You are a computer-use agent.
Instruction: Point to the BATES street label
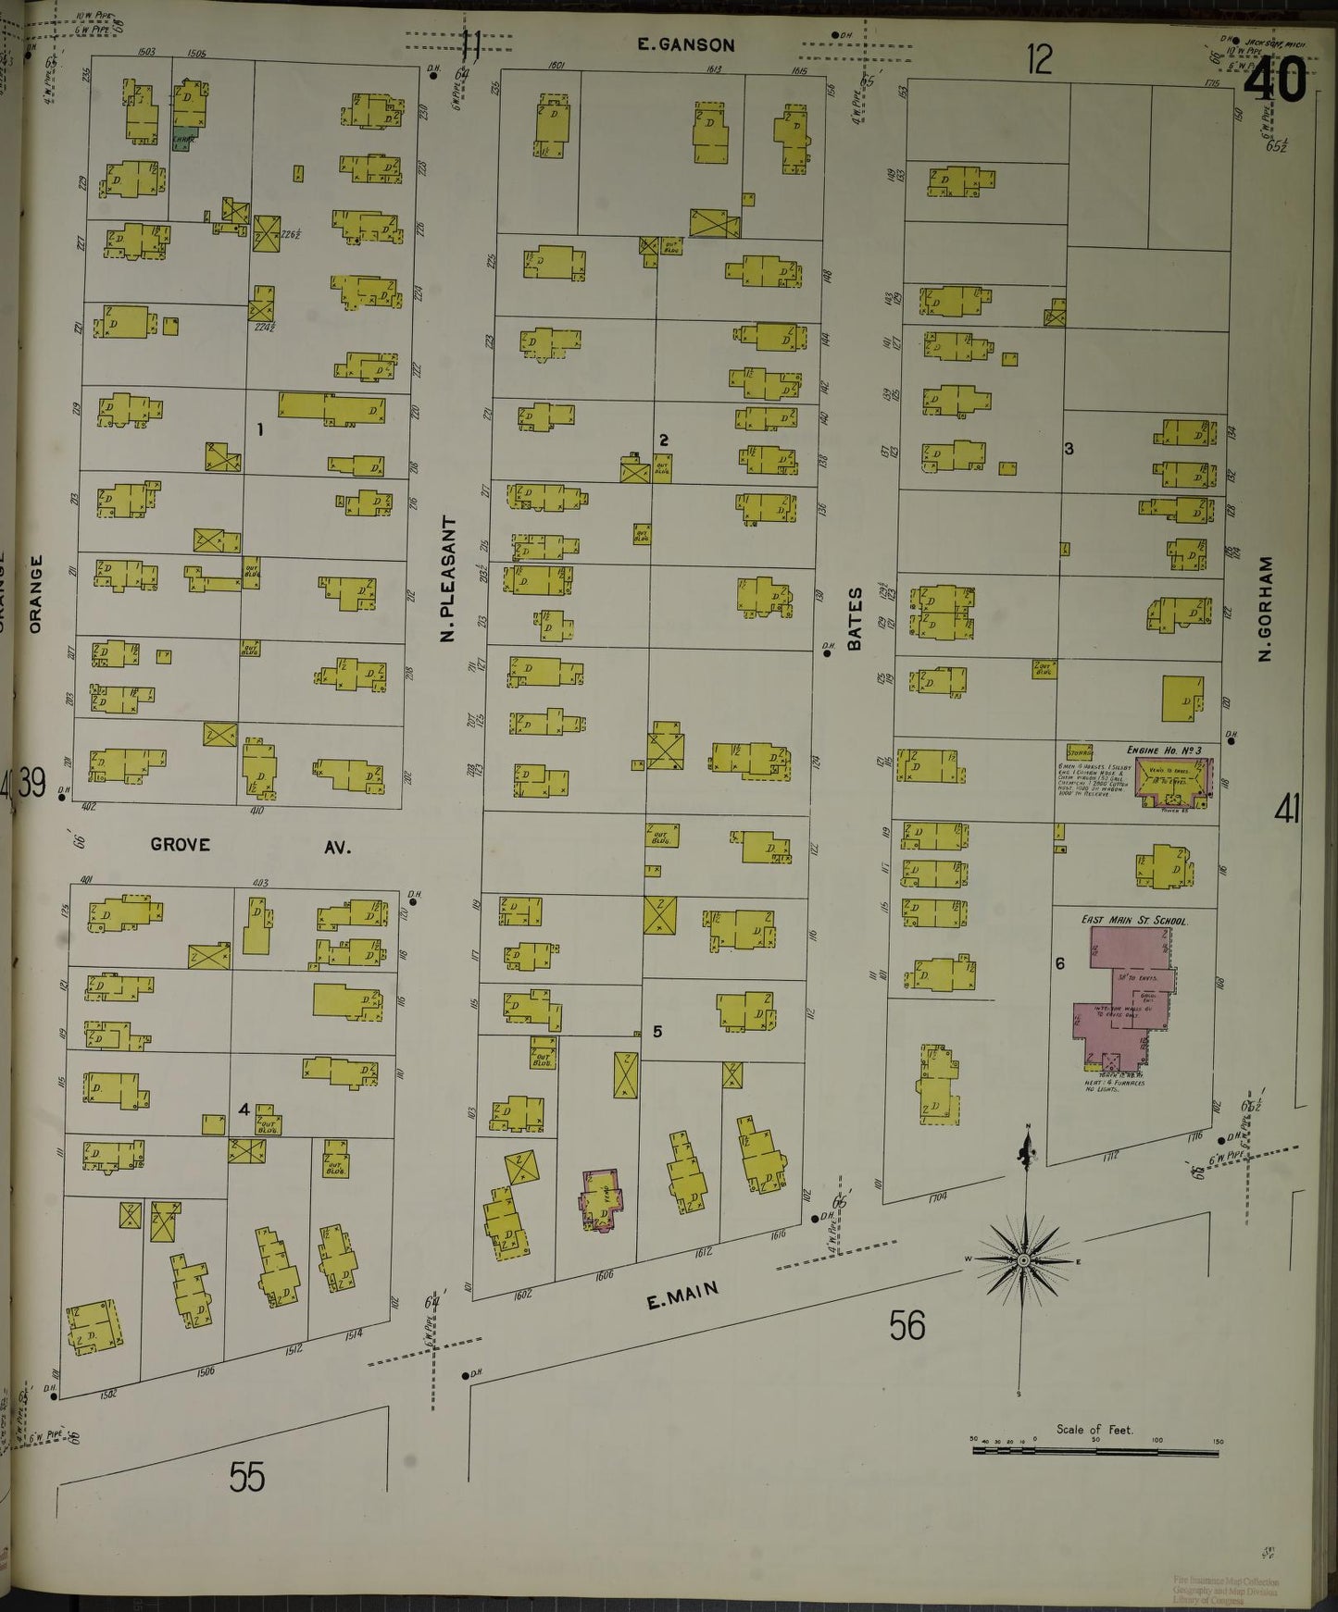(x=855, y=617)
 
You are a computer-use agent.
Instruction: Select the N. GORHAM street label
(x=1266, y=608)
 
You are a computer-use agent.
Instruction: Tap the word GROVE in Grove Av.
(x=181, y=844)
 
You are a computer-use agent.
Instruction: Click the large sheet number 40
(x=1275, y=81)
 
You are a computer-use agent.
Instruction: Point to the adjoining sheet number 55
(x=247, y=1477)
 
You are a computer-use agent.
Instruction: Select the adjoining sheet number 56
(x=907, y=1326)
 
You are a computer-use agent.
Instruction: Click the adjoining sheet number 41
(x=1286, y=811)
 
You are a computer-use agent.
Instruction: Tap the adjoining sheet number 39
(x=31, y=786)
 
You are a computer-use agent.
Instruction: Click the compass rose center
(x=1024, y=1260)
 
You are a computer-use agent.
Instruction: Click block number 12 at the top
(x=1039, y=61)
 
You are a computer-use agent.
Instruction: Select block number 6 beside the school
(x=1060, y=963)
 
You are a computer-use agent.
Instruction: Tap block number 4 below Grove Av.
(x=244, y=1110)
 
